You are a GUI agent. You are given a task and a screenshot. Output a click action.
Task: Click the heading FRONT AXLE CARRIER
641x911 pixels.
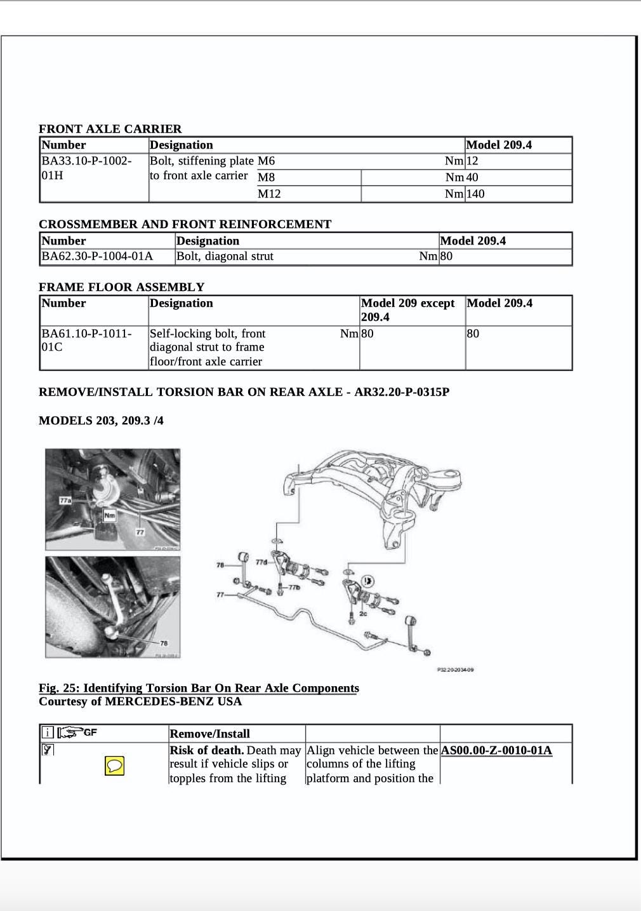click(110, 129)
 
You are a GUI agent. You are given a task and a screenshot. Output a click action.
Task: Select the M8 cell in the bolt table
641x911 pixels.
click(267, 177)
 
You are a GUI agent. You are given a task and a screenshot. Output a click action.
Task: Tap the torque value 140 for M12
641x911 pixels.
click(475, 194)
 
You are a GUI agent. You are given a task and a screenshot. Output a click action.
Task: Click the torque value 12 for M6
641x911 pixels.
click(472, 161)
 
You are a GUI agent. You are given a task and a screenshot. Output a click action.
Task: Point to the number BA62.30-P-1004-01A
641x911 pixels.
click(97, 256)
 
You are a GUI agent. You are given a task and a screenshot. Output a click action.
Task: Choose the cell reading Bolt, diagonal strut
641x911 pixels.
click(225, 256)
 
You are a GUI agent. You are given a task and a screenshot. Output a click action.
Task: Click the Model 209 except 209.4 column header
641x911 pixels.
click(408, 310)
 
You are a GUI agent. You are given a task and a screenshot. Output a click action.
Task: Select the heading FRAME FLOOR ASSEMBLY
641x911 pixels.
click(121, 287)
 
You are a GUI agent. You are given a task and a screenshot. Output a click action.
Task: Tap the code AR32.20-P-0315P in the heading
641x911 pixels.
click(402, 392)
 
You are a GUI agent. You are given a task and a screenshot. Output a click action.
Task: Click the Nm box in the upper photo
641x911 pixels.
click(109, 516)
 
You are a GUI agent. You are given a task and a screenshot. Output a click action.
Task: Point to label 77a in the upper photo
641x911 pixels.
click(65, 501)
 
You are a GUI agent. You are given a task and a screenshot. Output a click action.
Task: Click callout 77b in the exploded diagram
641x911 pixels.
click(294, 587)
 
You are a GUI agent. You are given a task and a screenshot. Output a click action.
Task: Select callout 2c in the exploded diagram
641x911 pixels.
click(363, 614)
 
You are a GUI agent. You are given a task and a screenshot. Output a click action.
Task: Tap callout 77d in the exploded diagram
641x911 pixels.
click(261, 562)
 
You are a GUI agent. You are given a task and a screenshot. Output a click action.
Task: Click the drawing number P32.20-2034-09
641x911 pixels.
click(455, 670)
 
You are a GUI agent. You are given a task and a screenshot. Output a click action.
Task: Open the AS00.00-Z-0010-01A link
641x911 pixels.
click(496, 750)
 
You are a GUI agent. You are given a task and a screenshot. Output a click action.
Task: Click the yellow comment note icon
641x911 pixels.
click(114, 766)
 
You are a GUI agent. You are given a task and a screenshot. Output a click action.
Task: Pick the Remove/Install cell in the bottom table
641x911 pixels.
click(209, 734)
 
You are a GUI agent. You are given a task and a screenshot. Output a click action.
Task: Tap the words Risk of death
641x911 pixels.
click(206, 750)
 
